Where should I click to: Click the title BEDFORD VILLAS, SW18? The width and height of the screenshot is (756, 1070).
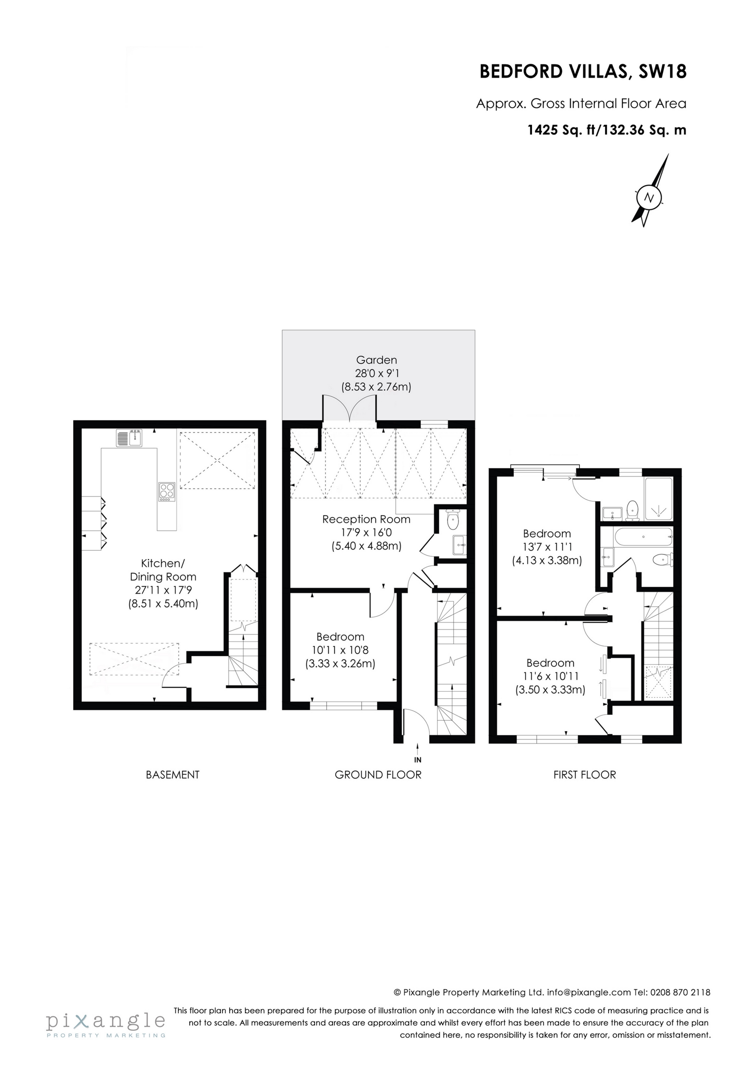(583, 72)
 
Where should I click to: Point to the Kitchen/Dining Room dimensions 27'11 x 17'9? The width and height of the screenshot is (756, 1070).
(163, 590)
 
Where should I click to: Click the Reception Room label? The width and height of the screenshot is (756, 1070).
(366, 519)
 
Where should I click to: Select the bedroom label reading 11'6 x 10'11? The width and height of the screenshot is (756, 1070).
(550, 676)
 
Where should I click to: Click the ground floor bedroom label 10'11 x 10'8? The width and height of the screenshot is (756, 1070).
(340, 650)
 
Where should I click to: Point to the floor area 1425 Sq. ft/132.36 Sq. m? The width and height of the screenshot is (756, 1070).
(606, 130)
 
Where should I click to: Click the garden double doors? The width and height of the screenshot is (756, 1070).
(349, 409)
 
